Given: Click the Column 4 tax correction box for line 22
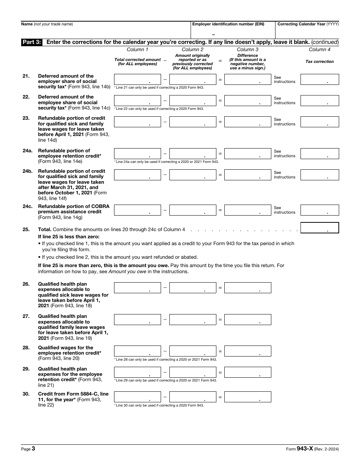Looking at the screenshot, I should tap(319, 100).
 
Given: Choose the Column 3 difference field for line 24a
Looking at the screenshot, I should tap(248, 153).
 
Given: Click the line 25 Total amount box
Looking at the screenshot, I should tap(319, 228).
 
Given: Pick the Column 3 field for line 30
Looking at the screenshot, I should tap(248, 397).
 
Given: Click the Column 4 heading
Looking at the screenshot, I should tap(319, 50).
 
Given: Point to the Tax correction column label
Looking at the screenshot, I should tap(319, 61).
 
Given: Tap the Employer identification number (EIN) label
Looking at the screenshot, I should tap(228, 24).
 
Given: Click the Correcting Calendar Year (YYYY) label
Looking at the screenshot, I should tap(308, 24).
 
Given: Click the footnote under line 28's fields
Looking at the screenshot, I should tap(165, 359).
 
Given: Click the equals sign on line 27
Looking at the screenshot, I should tap(220, 320).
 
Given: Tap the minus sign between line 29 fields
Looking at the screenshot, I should tap(165, 372).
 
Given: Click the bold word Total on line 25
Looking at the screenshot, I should tap(45, 229).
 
